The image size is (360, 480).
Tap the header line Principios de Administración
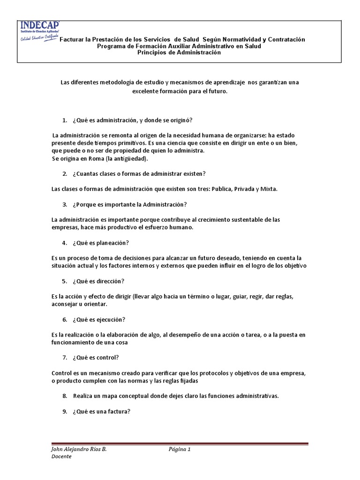[x=179, y=52]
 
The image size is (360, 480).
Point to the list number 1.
[x=65, y=120]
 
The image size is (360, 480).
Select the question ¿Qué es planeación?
[x=101, y=243]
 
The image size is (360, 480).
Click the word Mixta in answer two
[x=268, y=189]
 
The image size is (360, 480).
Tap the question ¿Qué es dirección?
[x=98, y=281]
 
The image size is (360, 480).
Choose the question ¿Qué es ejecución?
[x=99, y=320]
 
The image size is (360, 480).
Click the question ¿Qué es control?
[x=96, y=358]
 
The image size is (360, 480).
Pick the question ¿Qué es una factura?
[x=101, y=412]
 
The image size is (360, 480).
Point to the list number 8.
[x=65, y=396]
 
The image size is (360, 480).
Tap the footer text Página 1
[x=180, y=449]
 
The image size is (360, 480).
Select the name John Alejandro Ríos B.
[x=79, y=449]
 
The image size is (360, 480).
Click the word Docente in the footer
[x=61, y=457]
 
